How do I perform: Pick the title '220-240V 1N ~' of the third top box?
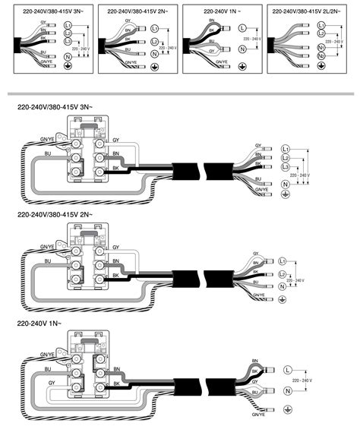(x=222, y=12)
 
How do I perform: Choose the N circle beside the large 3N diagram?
(x=286, y=185)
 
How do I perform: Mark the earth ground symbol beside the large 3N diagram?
(x=286, y=195)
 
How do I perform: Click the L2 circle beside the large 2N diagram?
(x=283, y=273)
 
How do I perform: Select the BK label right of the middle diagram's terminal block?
(x=115, y=273)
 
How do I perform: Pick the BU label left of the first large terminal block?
(x=48, y=153)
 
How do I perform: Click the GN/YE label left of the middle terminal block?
(x=46, y=247)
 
